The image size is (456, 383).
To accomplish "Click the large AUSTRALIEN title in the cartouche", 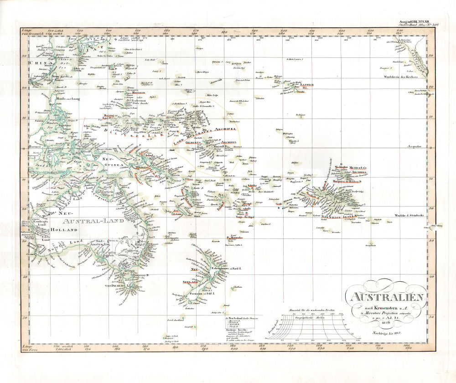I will coord(387,298).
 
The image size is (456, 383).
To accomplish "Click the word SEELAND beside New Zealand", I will coord(190,282).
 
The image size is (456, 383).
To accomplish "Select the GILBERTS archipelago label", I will coord(190,143).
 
